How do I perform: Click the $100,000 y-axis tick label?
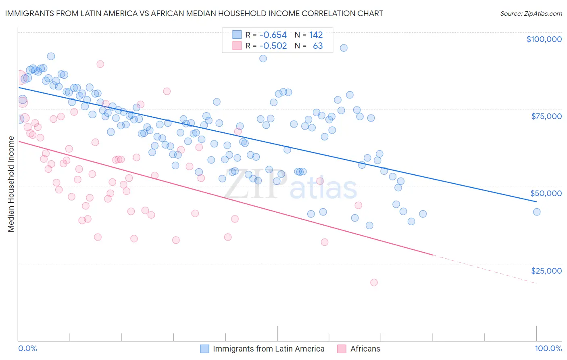click(544, 39)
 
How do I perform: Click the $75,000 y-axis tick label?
click(546, 116)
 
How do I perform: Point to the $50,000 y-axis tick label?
click(546, 193)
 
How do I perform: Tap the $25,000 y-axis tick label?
click(546, 270)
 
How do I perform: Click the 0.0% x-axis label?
click(27, 348)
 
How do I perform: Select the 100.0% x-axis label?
click(548, 348)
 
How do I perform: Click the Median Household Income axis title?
click(11, 184)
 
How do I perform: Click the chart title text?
click(194, 13)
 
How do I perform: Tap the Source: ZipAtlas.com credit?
click(531, 13)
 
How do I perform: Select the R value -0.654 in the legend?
click(273, 35)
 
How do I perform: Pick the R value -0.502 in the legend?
click(273, 46)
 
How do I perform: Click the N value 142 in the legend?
click(316, 35)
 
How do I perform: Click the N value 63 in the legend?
click(318, 46)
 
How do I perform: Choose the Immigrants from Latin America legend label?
click(269, 349)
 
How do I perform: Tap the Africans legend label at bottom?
click(365, 349)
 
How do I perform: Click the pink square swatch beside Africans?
click(342, 349)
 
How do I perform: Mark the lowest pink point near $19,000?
click(374, 283)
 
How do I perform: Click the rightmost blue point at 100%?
click(536, 212)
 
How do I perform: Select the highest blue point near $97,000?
click(344, 48)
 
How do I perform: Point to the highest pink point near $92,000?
click(100, 64)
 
